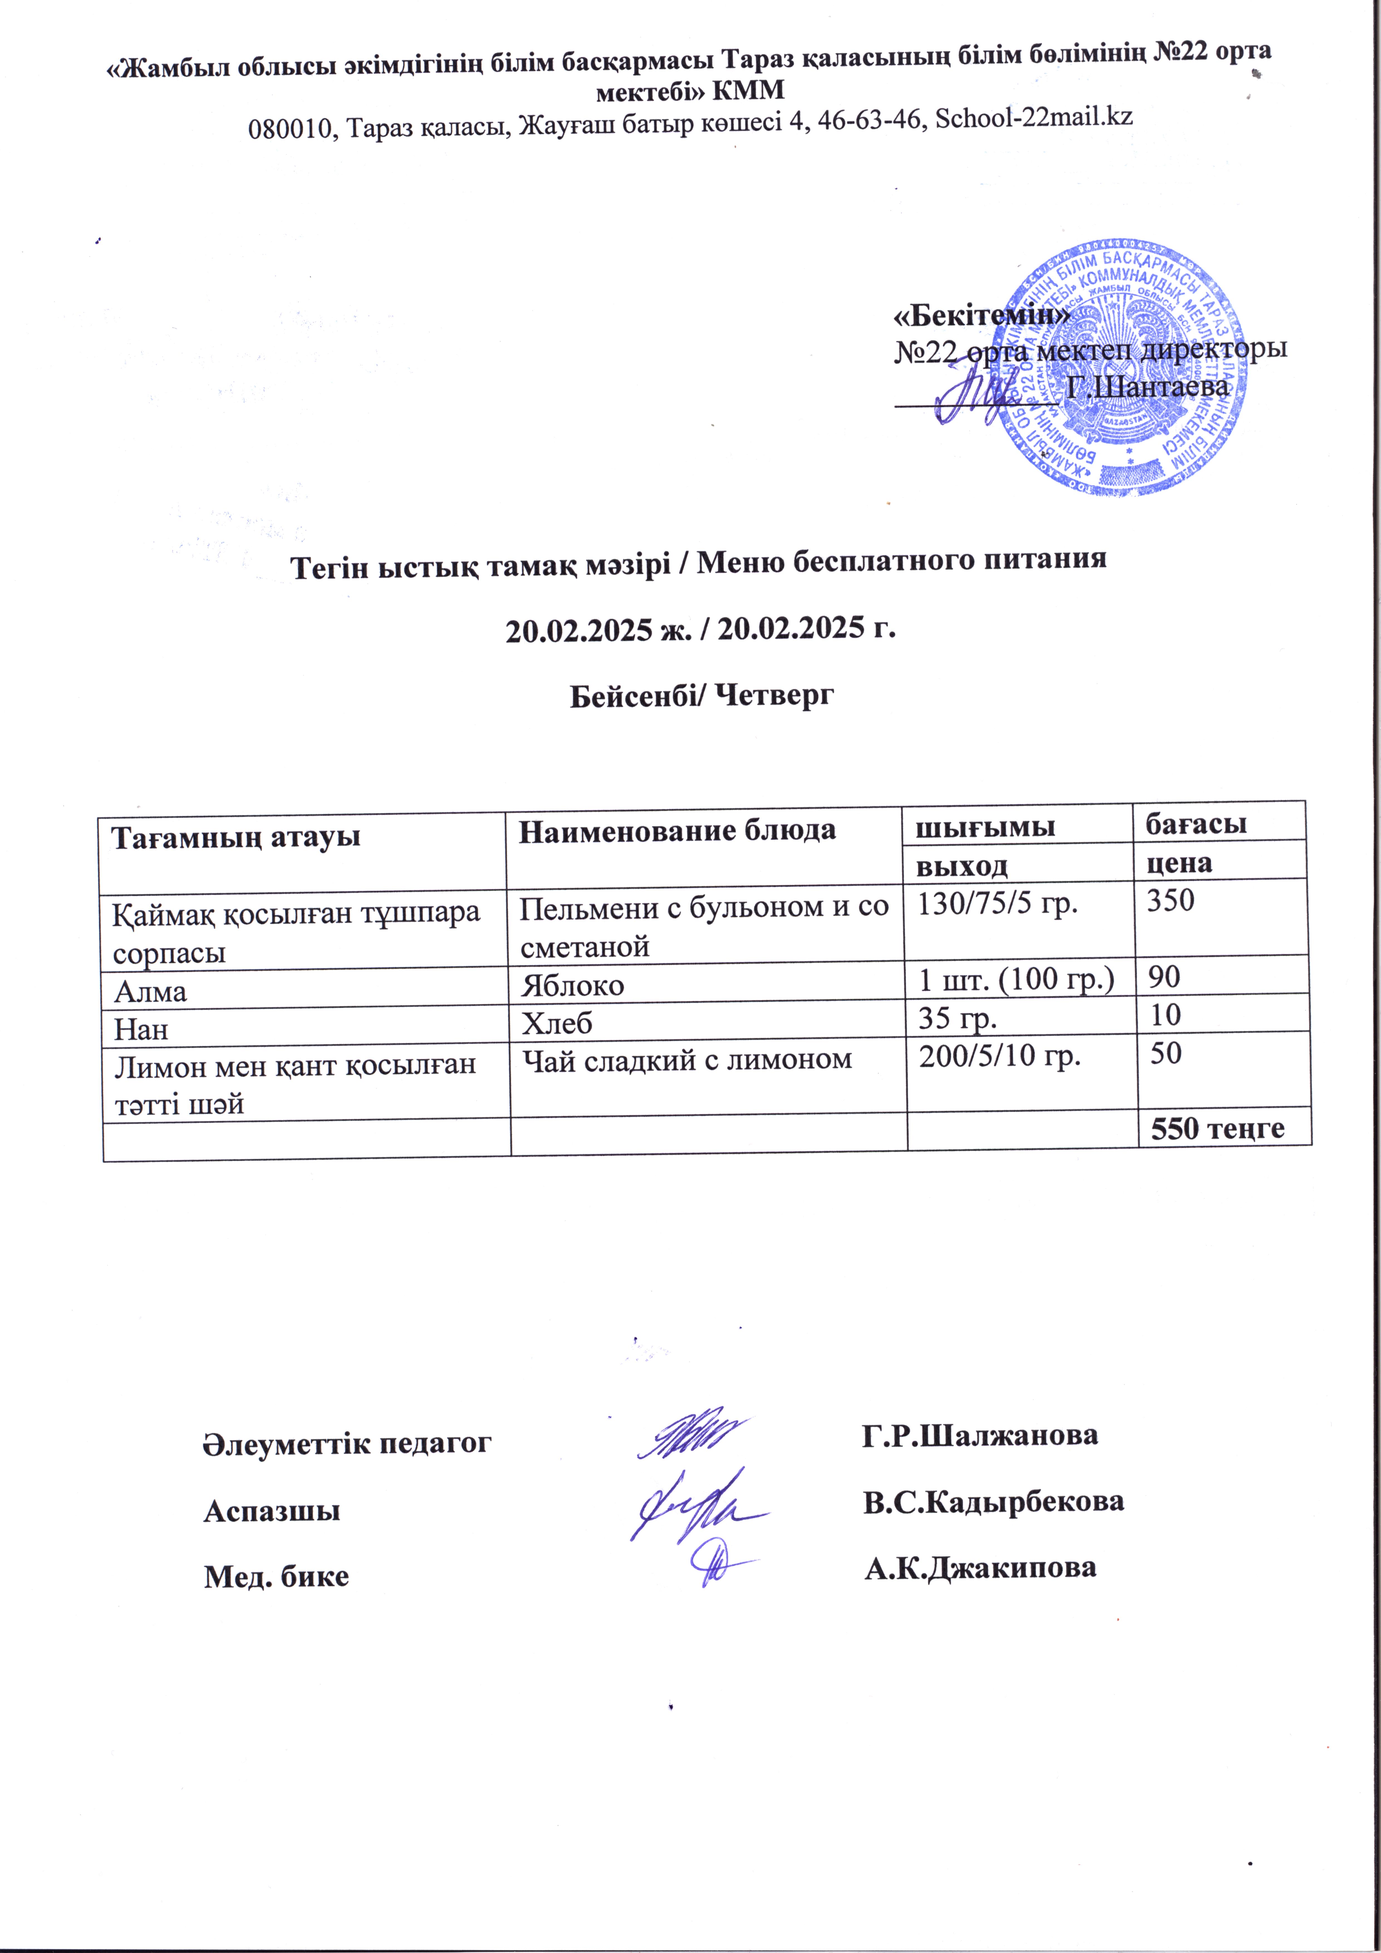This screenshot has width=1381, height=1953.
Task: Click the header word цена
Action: point(1179,863)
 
